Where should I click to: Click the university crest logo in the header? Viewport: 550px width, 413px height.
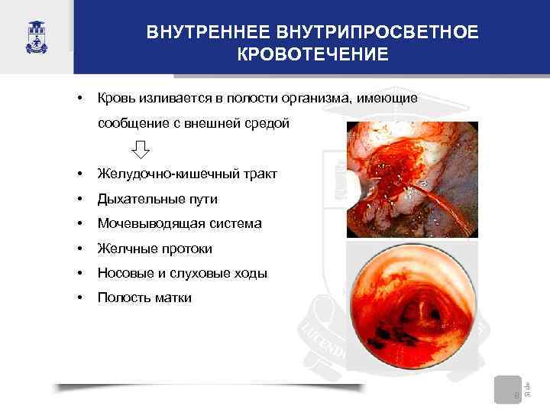click(x=35, y=36)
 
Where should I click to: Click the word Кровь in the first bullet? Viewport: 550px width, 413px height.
click(x=114, y=99)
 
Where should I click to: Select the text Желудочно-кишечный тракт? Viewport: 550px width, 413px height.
click(x=187, y=174)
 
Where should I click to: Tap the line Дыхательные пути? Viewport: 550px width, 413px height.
click(x=157, y=199)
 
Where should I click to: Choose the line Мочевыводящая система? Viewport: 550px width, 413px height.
click(x=179, y=223)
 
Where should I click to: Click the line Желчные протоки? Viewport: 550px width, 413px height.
click(x=155, y=249)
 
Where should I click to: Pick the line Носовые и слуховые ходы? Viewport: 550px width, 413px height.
click(x=183, y=273)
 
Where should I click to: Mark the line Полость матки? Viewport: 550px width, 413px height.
click(x=144, y=298)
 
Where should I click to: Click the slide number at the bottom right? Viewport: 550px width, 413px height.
click(x=516, y=395)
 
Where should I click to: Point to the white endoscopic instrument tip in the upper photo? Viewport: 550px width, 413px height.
click(x=352, y=184)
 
